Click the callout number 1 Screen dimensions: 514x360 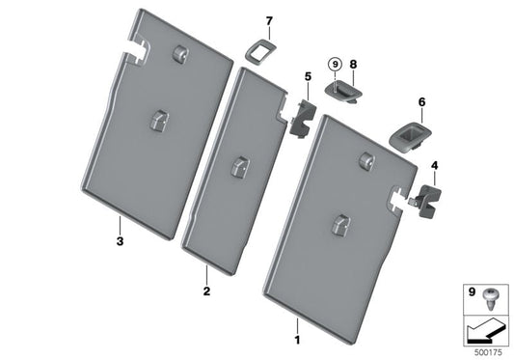tap(297, 340)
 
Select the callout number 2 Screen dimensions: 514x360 tap(206, 291)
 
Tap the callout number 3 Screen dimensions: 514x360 tap(120, 241)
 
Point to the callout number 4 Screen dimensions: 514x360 tap(434, 166)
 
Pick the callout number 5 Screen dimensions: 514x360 tap(308, 76)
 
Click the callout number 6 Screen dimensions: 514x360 tap(421, 102)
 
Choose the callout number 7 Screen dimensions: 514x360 tap(269, 21)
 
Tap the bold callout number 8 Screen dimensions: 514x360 tap(353, 65)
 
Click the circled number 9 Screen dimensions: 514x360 tap(335, 65)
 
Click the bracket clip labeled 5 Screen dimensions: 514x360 tap(302, 119)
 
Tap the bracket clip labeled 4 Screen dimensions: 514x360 tap(427, 201)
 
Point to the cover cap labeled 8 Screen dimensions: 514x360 tap(343, 89)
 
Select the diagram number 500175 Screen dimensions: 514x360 tap(488, 352)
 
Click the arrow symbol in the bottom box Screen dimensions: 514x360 tap(486, 333)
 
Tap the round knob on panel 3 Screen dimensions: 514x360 tap(179, 52)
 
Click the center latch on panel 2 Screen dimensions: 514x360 tap(240, 167)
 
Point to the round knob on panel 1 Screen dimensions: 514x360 tap(367, 161)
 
